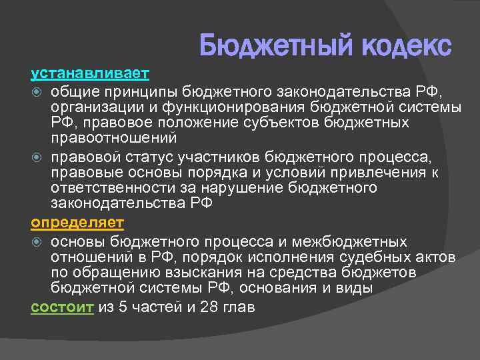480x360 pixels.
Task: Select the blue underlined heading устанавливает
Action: [x=91, y=71]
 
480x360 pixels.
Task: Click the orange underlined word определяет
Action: [x=77, y=221]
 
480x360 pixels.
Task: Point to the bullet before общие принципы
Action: [x=37, y=90]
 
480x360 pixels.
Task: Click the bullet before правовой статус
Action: [x=37, y=157]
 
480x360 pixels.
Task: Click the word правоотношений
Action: [x=114, y=139]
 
